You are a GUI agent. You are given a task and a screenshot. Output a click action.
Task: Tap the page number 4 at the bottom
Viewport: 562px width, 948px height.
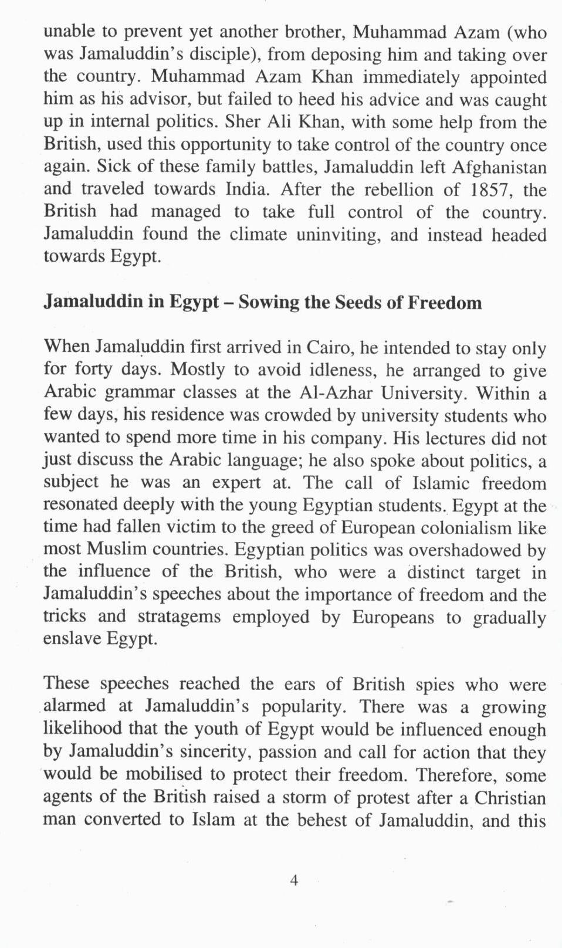tap(294, 880)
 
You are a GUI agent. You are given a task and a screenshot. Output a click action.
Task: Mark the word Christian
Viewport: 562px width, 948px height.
tap(510, 798)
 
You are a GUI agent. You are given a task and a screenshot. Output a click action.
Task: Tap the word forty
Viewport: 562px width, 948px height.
tap(92, 370)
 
